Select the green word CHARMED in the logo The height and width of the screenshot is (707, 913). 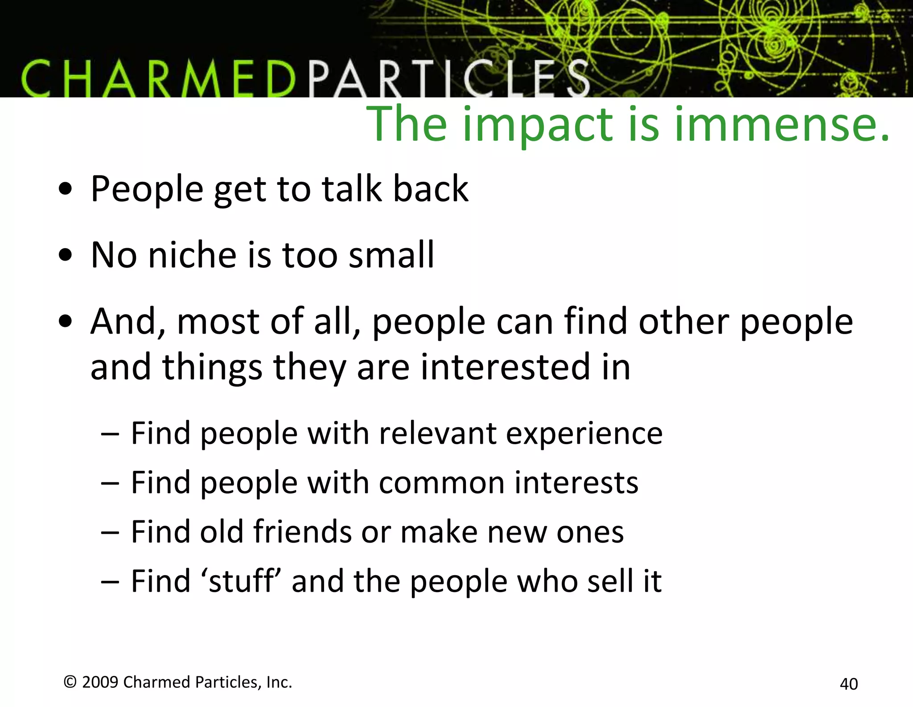point(158,79)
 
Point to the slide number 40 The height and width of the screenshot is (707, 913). point(848,684)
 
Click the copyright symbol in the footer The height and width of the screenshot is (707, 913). point(70,682)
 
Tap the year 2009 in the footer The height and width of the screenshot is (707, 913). point(100,682)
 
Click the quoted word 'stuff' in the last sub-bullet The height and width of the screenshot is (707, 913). point(241,581)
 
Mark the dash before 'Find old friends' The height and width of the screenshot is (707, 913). point(110,532)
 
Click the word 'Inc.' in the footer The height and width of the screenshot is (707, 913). point(279,682)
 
